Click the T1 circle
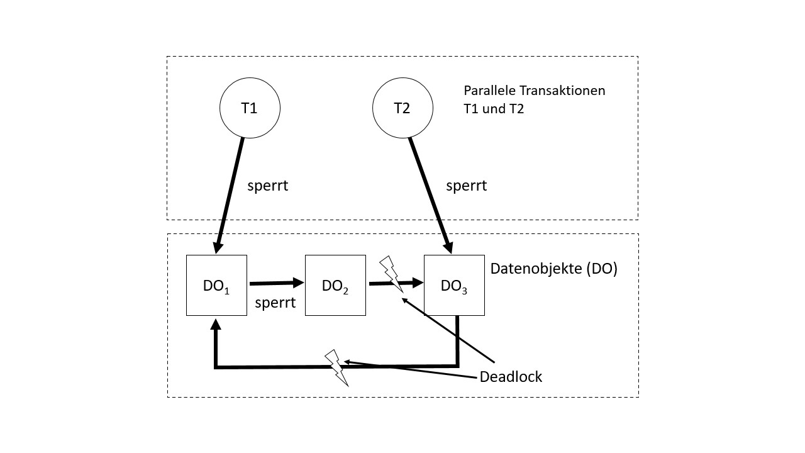250,108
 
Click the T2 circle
402,108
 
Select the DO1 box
216,285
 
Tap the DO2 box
335,285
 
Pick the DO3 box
454,285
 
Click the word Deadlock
510,377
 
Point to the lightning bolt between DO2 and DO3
391,272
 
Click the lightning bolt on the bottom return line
336,368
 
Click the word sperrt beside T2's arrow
466,186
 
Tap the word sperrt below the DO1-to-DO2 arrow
275,303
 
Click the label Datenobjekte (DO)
553,269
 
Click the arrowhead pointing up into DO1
216,324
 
